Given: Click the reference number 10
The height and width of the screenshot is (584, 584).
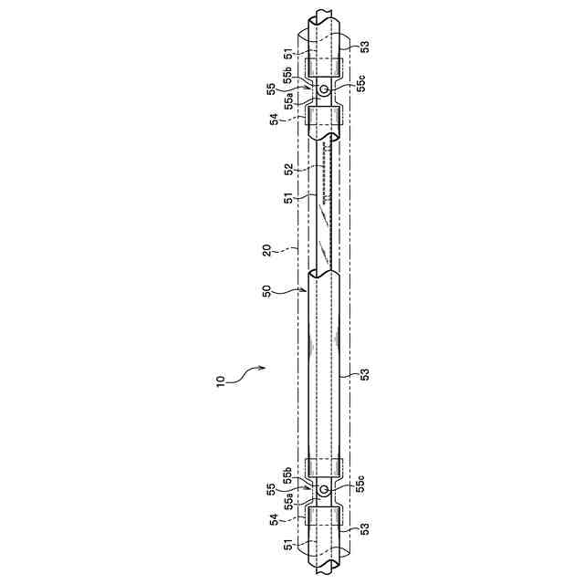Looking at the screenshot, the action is click(221, 381).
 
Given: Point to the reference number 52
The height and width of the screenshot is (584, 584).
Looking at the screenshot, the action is click(289, 169).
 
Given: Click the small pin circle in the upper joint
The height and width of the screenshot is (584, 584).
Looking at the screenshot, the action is click(324, 89).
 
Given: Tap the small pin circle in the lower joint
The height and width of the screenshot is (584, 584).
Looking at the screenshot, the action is click(324, 489).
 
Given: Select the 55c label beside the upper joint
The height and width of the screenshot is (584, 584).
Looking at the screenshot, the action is click(361, 83).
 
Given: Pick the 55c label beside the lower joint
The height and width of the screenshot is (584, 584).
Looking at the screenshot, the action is click(361, 484).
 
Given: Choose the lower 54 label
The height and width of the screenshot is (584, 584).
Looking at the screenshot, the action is click(274, 519).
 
